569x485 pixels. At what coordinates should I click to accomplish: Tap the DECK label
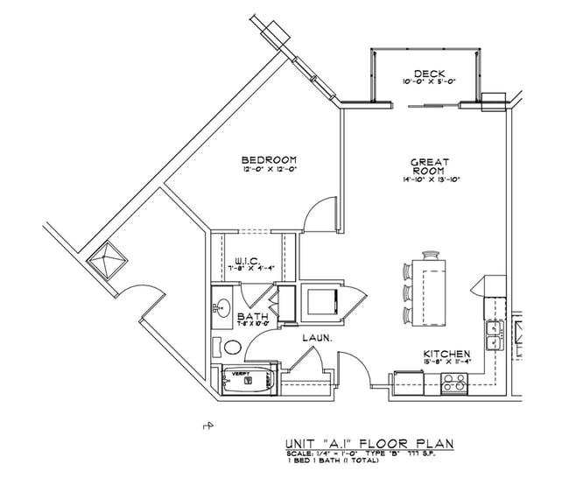pos(430,74)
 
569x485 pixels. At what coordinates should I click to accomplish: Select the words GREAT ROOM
pos(430,168)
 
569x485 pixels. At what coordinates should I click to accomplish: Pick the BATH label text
pos(252,316)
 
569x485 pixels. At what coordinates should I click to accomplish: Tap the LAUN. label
pos(316,335)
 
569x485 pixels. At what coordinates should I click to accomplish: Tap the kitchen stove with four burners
pos(454,382)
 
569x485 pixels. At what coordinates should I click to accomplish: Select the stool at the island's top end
pos(409,269)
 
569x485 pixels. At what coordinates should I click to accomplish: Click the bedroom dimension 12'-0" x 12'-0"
pos(269,170)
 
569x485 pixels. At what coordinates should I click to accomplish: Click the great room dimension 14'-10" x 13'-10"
pos(430,180)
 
